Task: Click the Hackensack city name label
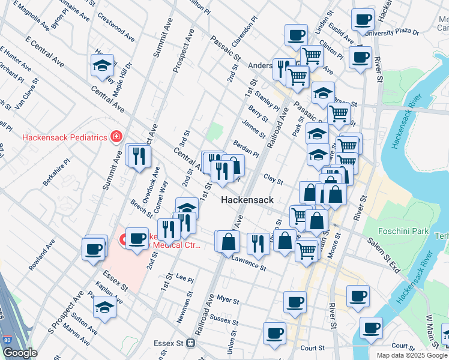[x=247, y=200]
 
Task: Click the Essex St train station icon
[x=191, y=343]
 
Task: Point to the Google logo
[x=19, y=352]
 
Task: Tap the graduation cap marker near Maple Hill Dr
[x=103, y=65]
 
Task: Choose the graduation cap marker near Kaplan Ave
[x=104, y=307]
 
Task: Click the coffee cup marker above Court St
[x=274, y=333]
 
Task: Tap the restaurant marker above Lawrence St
[x=258, y=243]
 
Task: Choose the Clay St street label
[x=273, y=179]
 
